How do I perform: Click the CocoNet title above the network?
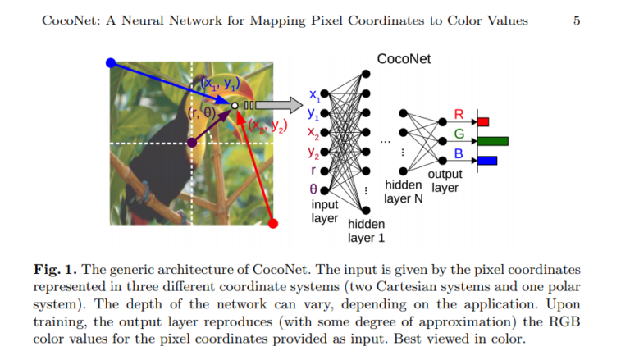(x=404, y=59)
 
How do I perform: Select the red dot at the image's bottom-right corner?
(x=274, y=223)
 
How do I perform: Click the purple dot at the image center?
(x=193, y=143)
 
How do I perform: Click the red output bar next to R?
(x=483, y=122)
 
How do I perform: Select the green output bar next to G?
(x=492, y=141)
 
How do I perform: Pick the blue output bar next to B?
(x=487, y=160)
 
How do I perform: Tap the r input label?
(x=315, y=171)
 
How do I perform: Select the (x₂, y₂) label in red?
(x=267, y=126)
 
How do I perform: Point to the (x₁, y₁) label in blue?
(x=216, y=83)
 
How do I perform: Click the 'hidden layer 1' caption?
(x=366, y=230)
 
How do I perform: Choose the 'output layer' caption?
(x=445, y=181)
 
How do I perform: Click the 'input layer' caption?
(x=324, y=211)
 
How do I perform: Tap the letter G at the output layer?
(x=459, y=133)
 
